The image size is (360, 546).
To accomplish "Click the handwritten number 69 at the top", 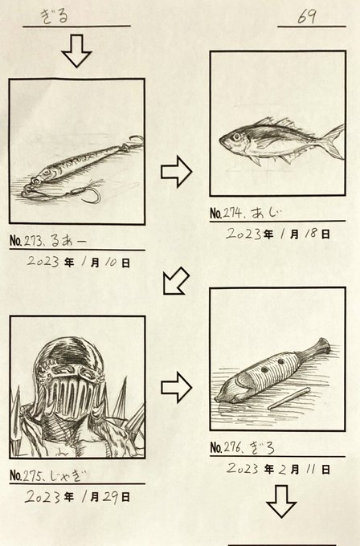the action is pos(307,17).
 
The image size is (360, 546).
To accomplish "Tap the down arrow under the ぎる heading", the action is pos(76,51).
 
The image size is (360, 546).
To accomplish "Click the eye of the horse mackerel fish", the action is pos(236,136).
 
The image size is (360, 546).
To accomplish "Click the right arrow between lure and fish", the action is pos(176,172).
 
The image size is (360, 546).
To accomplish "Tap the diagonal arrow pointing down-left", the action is pos(176,281).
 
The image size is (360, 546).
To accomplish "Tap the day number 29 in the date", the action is pos(111,496).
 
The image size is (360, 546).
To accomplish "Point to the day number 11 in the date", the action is pos(310,470).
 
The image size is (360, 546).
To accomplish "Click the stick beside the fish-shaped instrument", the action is pos(289,397).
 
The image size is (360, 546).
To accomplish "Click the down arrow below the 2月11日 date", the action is pos(281,501).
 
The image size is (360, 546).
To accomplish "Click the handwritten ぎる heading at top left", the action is pos(54,16).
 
